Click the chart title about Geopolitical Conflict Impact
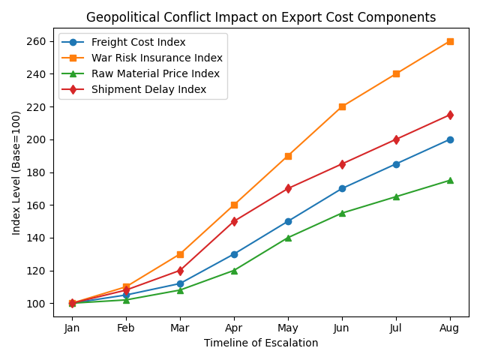click(x=260, y=17)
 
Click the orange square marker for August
click(x=450, y=41)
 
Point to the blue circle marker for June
click(x=342, y=188)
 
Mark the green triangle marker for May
click(x=288, y=238)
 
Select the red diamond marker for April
click(x=234, y=221)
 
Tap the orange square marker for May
click(x=288, y=156)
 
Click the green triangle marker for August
click(x=450, y=180)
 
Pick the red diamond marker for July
click(x=396, y=139)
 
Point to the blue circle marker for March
click(x=180, y=283)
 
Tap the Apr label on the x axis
click(x=234, y=328)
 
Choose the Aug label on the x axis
click(x=450, y=328)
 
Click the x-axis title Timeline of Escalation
click(x=260, y=343)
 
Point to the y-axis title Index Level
click(x=16, y=172)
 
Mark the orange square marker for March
click(x=180, y=254)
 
